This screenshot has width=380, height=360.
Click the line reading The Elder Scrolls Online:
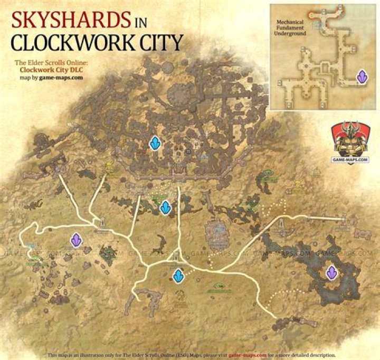[49, 61]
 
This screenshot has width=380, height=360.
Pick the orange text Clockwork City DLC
[49, 69]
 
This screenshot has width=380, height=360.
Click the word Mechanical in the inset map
[290, 23]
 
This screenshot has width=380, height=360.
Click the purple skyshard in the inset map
[362, 77]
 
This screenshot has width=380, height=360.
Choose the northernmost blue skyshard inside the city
[155, 143]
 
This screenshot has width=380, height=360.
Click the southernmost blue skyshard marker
[178, 275]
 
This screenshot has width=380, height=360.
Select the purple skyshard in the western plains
[77, 241]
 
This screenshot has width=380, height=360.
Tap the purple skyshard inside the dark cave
[332, 272]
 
